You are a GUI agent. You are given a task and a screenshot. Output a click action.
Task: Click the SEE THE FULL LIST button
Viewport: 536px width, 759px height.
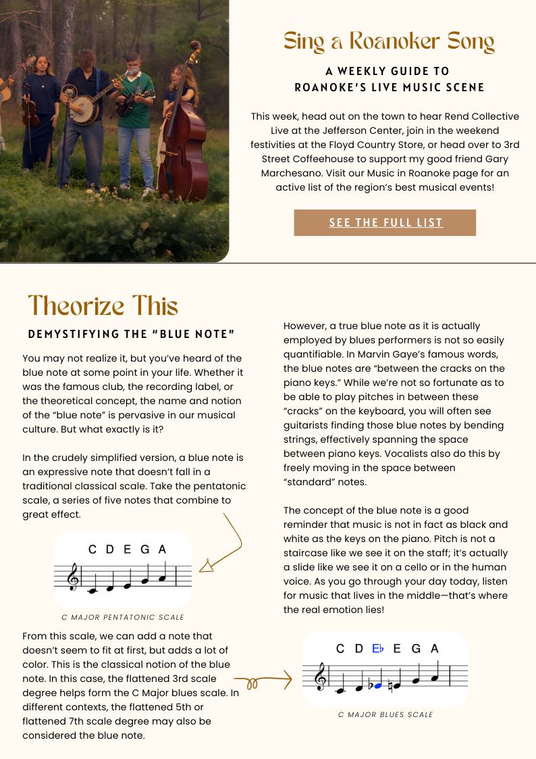385,222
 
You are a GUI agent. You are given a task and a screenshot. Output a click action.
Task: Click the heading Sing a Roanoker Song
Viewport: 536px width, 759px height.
389,42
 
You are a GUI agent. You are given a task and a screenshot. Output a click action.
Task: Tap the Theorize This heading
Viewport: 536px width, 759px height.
103,306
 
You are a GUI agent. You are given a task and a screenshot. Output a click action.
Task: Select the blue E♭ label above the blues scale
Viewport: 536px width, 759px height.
378,649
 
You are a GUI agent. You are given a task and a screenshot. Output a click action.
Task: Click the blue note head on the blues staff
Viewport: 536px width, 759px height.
378,685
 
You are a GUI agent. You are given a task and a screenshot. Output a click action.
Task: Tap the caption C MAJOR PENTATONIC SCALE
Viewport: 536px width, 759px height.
123,617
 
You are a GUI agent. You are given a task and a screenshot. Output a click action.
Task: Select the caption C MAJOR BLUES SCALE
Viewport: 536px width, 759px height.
385,714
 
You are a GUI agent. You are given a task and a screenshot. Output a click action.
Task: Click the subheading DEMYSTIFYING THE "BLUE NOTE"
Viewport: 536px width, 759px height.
131,335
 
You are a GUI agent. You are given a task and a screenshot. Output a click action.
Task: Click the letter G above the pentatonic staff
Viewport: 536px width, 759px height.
144,549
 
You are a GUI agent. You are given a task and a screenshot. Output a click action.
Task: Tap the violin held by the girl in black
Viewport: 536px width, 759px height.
30,112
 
